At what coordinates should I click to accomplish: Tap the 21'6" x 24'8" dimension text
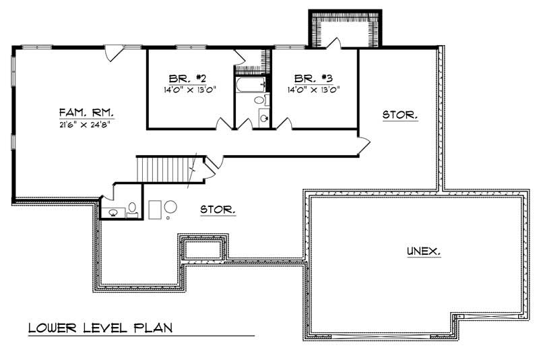coord(85,124)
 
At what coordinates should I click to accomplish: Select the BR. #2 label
coord(184,77)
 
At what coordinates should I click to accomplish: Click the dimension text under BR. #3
coord(313,89)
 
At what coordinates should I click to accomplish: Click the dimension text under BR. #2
coord(184,89)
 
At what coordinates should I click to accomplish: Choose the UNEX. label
coord(424,251)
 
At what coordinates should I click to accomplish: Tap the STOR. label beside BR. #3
coord(400,115)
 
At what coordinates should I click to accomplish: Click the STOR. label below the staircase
coord(218,210)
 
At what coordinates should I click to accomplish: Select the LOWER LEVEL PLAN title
coord(100,329)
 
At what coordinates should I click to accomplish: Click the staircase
coord(165,169)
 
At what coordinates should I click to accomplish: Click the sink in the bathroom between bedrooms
coord(263,117)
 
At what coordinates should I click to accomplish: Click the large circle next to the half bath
coord(171,208)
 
